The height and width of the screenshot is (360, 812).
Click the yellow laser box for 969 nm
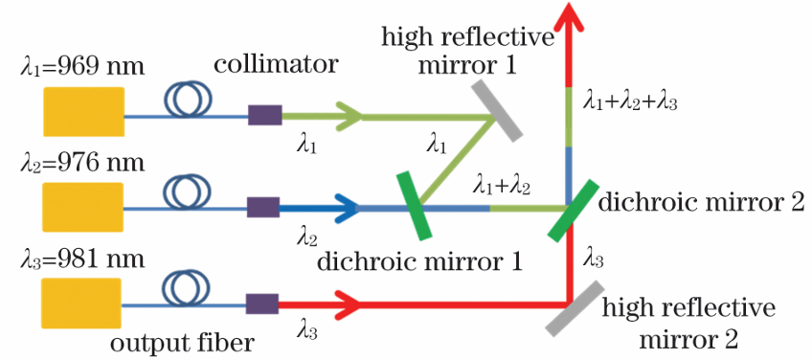[84, 111]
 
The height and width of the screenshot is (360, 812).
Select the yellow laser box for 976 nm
[83, 207]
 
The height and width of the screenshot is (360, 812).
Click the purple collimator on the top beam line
[264, 115]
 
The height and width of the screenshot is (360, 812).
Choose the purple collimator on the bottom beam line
[262, 304]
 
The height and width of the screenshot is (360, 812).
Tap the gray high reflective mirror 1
[496, 109]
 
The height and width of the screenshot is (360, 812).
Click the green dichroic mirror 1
[414, 206]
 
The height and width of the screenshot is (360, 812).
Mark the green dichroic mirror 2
[573, 211]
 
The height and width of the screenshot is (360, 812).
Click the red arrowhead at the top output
[569, 15]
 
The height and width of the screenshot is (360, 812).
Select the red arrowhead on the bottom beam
[346, 304]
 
